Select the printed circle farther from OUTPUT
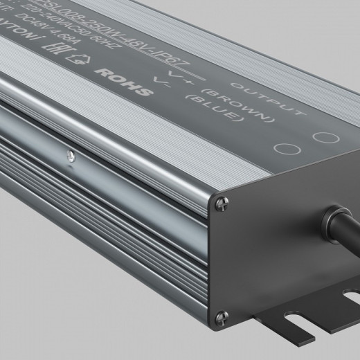coord(282,148)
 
